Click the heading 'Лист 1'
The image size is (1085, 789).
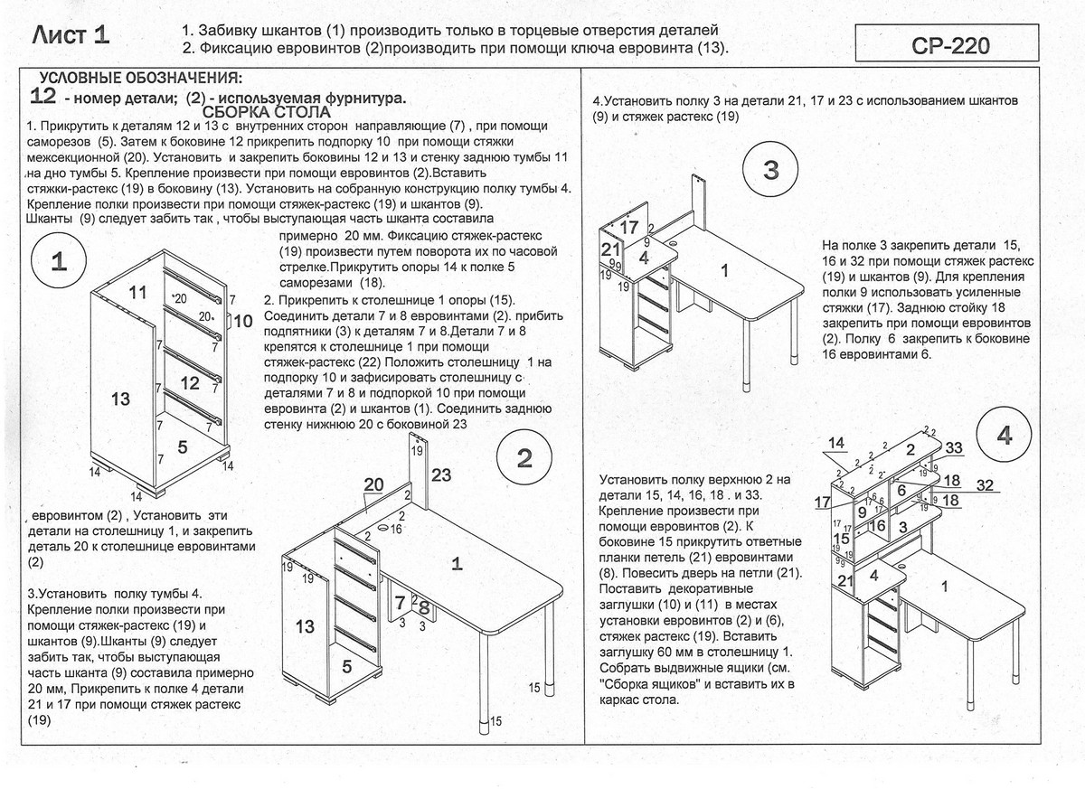click(x=71, y=36)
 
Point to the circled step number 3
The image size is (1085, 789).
click(x=770, y=169)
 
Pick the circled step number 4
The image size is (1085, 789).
click(x=1005, y=436)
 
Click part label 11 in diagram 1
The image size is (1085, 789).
click(x=137, y=292)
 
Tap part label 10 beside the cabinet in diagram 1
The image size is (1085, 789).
click(x=243, y=321)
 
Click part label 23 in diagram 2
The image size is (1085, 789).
click(x=440, y=475)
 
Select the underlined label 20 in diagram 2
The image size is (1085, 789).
click(x=373, y=485)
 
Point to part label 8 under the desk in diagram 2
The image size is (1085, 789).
click(x=423, y=607)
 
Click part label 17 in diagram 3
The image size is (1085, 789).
click(x=629, y=227)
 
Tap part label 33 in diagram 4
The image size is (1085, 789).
click(x=954, y=447)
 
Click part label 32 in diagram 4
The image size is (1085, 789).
click(x=985, y=485)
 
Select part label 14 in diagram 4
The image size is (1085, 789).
click(x=836, y=443)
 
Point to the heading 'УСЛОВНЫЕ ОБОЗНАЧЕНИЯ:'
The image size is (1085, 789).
click(x=140, y=78)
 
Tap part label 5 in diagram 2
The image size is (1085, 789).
click(x=346, y=665)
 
